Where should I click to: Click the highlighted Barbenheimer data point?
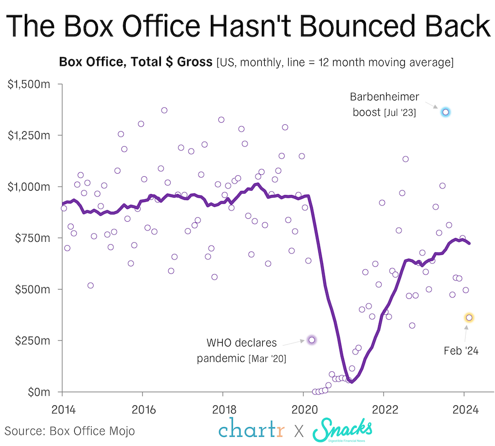[445, 112]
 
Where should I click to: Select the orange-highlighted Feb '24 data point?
[469, 318]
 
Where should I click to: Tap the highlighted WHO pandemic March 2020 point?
[312, 340]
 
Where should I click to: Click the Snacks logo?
[342, 429]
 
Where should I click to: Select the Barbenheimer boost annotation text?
[384, 104]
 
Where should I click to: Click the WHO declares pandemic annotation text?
[242, 350]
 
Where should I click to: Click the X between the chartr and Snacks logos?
[299, 431]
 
